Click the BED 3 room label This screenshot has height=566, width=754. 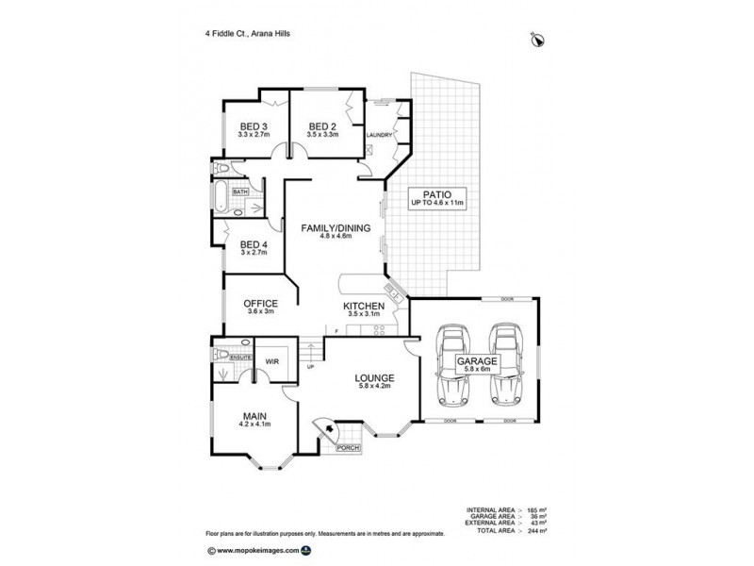(x=253, y=127)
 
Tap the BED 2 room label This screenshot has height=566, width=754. (x=322, y=127)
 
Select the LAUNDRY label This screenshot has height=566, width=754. (x=380, y=135)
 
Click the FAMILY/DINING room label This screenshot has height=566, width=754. (x=336, y=228)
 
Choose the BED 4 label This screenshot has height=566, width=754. (x=253, y=245)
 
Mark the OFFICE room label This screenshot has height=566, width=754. (x=260, y=303)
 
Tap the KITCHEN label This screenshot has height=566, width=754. (x=362, y=308)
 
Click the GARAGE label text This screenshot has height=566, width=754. (x=480, y=361)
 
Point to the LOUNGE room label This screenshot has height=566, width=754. (x=374, y=379)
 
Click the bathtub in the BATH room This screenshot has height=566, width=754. (x=220, y=198)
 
